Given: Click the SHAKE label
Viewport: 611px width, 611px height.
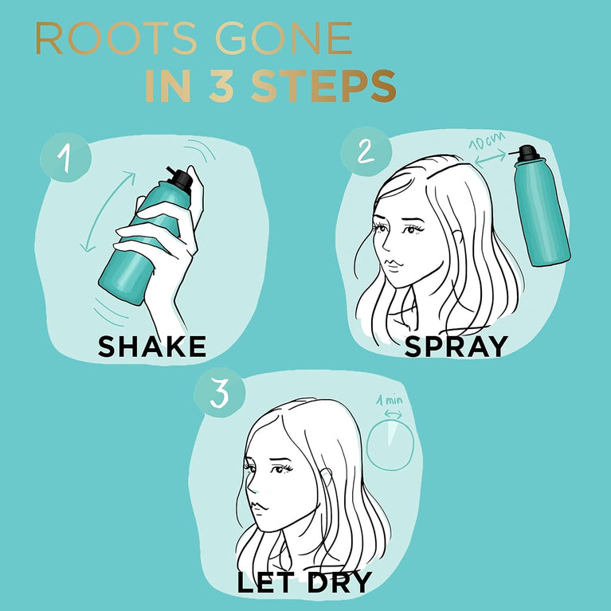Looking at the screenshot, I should pos(151,346).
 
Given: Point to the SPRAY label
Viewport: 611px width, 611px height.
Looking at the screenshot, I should pos(456,345).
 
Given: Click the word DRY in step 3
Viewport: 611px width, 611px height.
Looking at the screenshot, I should pos(338,582).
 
